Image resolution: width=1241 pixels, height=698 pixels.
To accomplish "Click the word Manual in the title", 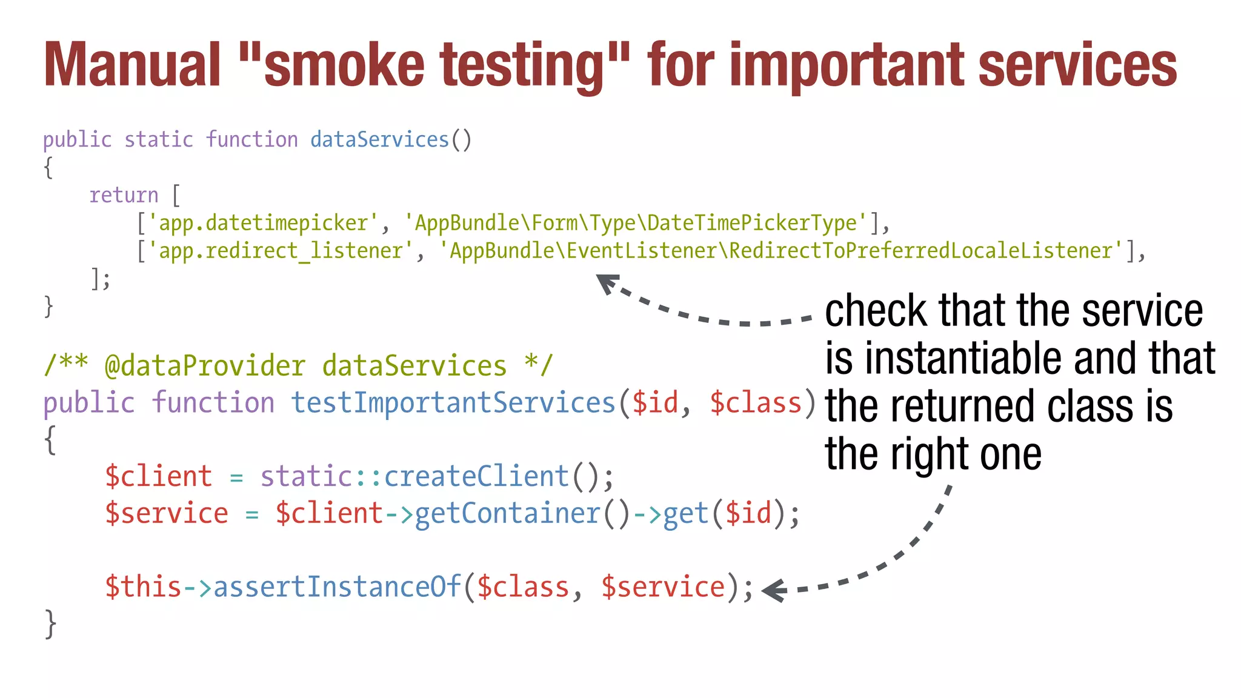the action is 132,65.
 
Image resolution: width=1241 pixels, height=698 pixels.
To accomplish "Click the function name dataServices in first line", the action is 379,140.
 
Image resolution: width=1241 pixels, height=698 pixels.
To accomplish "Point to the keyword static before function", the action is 159,140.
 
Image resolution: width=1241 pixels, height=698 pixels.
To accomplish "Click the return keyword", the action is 124,195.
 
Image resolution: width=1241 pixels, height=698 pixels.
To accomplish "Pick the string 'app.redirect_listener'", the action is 281,251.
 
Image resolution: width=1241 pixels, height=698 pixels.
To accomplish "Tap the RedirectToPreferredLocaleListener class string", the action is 781,251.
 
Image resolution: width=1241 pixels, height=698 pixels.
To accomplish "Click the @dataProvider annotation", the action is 205,366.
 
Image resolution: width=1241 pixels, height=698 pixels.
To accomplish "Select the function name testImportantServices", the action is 453,403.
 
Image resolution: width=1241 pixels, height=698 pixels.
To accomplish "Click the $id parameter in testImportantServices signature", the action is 654,403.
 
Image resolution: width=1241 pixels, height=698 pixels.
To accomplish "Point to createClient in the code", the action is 476,476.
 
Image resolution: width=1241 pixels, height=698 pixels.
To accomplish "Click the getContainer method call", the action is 507,513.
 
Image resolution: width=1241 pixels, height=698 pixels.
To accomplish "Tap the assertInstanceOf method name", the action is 337,587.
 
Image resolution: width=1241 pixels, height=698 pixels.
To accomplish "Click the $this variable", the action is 143,587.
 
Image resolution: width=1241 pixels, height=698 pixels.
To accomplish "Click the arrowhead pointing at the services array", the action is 607,283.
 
